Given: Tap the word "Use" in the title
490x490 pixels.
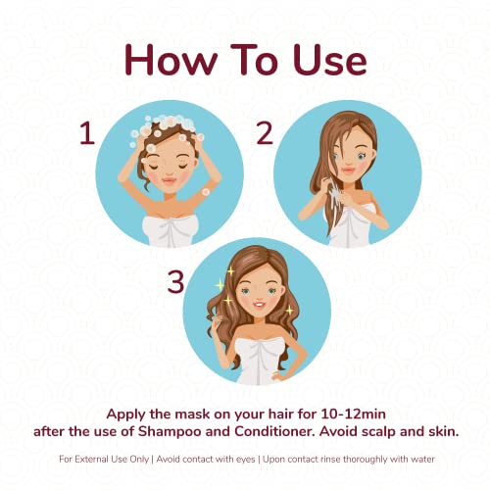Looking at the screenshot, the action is (x=330, y=60).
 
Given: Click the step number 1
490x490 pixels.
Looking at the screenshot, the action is (x=87, y=133).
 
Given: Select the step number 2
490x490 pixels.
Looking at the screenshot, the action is (x=265, y=133).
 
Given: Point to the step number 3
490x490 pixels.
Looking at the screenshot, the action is (x=175, y=282).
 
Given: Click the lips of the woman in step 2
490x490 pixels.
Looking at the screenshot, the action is (x=349, y=171).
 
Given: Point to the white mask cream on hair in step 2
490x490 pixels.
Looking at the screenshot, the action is (x=334, y=195).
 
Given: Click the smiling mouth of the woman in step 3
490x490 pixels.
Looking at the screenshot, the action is (x=260, y=305).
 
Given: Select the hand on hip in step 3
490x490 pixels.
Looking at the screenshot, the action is (x=277, y=376).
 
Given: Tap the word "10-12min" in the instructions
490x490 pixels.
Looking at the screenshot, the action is (x=353, y=415).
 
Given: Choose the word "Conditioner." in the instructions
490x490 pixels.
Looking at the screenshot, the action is (x=274, y=431).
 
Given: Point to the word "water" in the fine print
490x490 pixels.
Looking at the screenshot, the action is (x=422, y=459).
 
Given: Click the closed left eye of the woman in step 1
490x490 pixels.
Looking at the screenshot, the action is (x=154, y=167).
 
